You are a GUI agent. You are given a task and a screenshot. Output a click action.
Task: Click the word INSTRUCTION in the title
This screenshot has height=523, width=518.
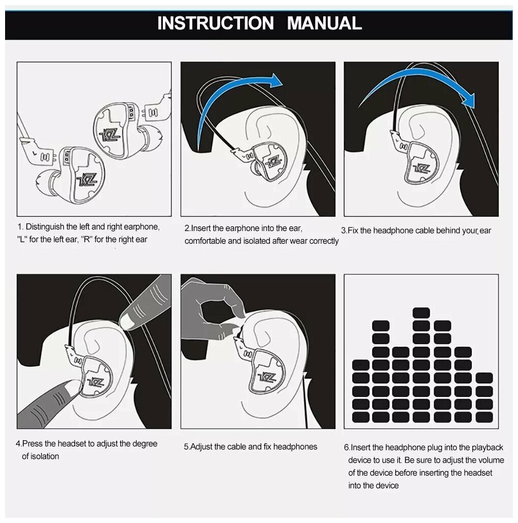coord(215,23)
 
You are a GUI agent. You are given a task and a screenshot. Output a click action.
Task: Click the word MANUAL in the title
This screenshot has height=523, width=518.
coord(324,23)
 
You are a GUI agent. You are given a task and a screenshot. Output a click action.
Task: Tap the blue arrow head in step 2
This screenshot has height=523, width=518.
coord(275,80)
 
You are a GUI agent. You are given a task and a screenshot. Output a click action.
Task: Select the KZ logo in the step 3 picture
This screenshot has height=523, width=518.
coord(421,169)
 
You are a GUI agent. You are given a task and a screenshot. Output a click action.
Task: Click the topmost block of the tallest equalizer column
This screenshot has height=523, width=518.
coord(421,313)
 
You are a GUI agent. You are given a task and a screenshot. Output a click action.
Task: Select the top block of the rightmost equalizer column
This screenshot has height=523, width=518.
coord(484,378)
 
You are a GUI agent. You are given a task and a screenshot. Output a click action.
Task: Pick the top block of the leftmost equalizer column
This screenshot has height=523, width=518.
coord(361,365)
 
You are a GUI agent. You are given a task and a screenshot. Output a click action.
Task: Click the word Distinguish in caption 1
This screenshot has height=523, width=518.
coord(45,227)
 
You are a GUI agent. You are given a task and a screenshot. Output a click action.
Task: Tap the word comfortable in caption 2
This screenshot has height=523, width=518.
coord(205,241)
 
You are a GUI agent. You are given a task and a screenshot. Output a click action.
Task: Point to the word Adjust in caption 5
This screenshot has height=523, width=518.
coord(201,447)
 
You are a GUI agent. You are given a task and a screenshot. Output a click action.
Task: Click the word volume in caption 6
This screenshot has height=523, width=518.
coord(491,461)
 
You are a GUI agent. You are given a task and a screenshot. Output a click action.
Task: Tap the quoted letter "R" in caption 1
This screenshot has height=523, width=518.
coord(87,240)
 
